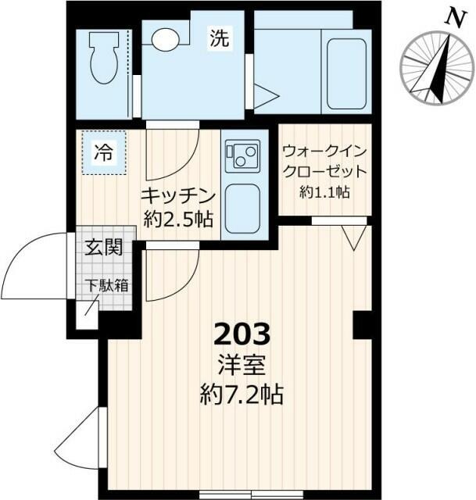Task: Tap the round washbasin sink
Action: pos(165,40)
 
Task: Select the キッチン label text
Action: pos(178,195)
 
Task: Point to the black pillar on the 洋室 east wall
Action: pos(361,324)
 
